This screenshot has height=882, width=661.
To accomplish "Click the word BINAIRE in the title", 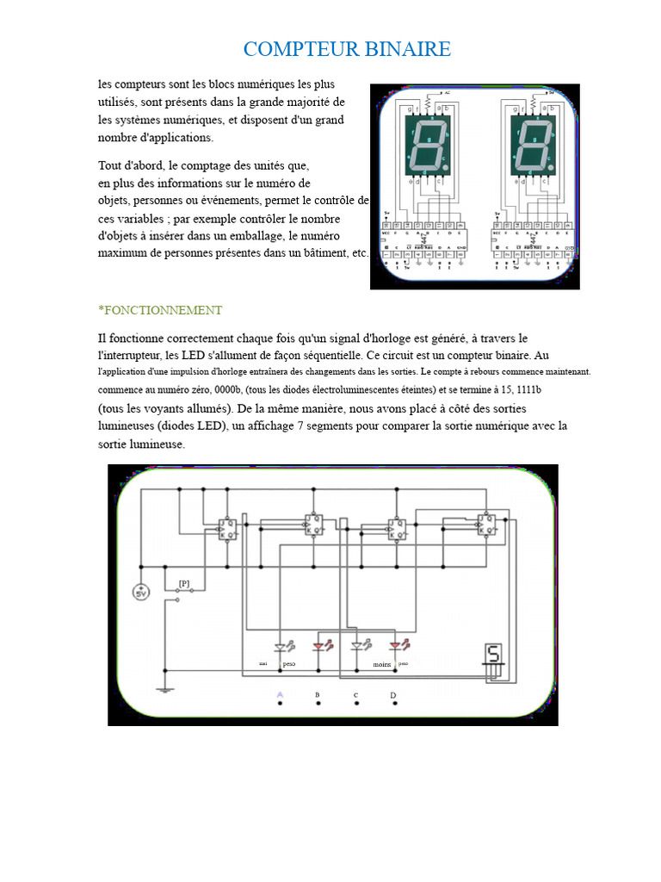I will coord(409,49).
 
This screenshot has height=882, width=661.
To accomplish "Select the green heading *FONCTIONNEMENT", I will coord(161,310).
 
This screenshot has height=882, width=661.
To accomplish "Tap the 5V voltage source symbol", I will coord(140,593).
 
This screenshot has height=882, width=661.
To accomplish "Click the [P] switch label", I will coord(184,583).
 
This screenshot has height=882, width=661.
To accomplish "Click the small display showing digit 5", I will coord(493,656).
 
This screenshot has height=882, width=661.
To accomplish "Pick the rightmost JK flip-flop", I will coord(486,524).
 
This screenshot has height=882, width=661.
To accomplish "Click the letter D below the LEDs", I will coord(393,694).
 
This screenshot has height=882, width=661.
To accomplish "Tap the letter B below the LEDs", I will coord(318,694).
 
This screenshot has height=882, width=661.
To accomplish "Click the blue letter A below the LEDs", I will coord(280,694).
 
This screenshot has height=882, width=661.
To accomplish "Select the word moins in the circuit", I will coord(382,665).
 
